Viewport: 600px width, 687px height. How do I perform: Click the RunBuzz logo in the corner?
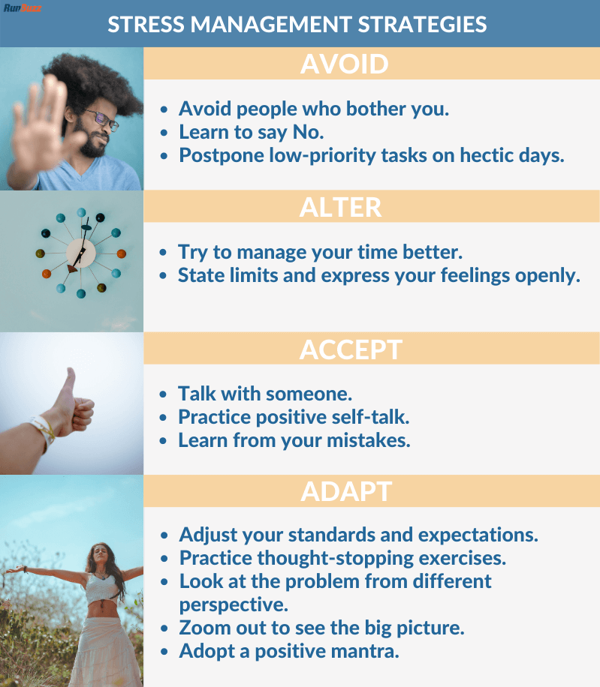coord(23,8)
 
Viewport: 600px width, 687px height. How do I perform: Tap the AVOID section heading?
coord(345,64)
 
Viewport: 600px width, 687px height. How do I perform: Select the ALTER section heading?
coord(340,207)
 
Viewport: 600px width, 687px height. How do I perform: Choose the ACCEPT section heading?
coord(351,349)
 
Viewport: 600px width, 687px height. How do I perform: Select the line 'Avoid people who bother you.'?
coord(313,109)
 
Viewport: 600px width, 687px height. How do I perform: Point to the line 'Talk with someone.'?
coord(265,394)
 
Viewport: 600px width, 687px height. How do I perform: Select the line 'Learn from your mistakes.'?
coord(294,439)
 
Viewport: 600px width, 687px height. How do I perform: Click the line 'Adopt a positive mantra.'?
coord(289,651)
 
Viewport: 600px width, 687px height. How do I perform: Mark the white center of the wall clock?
coord(81,253)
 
